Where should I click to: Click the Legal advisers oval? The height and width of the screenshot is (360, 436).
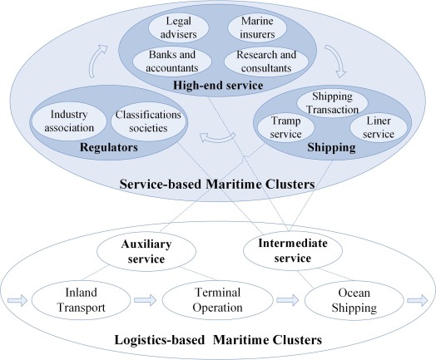coord(179,27)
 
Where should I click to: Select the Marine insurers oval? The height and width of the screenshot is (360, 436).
coord(257,27)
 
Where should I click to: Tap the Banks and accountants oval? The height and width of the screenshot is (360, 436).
coord(172,62)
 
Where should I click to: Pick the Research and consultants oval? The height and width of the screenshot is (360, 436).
coord(266,62)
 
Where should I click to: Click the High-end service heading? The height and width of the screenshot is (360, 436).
coord(218,86)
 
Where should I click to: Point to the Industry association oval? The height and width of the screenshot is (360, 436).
coord(69,121)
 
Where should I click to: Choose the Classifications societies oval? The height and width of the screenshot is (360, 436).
coord(148,121)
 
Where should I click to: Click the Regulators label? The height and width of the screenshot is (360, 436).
coord(109,147)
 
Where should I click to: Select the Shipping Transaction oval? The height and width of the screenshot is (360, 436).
coord(332,103)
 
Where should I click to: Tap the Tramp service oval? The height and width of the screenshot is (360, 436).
coord(286,127)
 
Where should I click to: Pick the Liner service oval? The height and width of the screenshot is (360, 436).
coord(379,127)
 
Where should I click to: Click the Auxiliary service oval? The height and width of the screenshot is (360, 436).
coord(146,251)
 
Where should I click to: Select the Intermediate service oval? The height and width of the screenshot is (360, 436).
coord(293,250)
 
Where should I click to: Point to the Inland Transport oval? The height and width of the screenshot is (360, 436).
coord(81,300)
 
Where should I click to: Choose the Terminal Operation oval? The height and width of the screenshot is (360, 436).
coord(217,300)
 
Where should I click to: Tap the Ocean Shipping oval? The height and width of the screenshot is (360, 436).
coord(354,300)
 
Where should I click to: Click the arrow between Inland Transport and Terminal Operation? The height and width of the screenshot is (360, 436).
coord(145,300)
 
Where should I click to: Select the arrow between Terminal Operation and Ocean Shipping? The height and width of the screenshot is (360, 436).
coord(288,300)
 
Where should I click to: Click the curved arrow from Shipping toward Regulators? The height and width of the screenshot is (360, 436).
coord(218,138)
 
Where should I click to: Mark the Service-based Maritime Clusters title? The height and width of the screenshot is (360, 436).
coord(217,185)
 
